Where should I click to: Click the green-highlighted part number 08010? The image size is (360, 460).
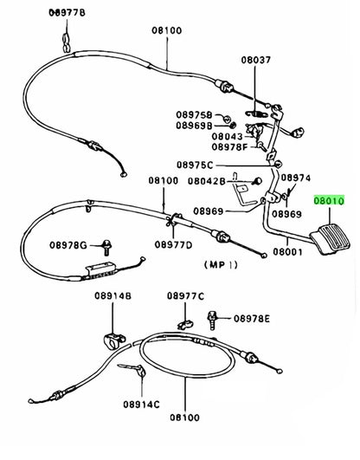click(329, 201)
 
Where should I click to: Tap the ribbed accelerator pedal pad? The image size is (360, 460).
click(331, 239)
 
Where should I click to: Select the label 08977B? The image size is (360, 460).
click(67, 13)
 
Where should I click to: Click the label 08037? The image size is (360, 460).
click(256, 60)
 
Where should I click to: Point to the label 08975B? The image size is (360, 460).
click(194, 114)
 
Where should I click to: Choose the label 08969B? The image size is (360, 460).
click(194, 126)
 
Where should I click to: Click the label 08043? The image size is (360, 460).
click(228, 136)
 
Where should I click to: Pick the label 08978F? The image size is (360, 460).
click(229, 147)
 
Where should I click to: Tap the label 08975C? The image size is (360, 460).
click(195, 165)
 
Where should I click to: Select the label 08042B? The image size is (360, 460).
click(207, 181)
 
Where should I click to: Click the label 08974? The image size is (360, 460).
click(296, 178)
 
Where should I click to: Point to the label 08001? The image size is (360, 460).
click(287, 252)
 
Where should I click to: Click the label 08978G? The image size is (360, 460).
click(68, 245)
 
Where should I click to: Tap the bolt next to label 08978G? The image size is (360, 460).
click(106, 247)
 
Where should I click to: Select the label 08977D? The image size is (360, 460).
click(173, 244)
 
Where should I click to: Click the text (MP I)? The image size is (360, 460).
click(221, 264)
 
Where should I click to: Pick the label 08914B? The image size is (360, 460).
click(112, 295)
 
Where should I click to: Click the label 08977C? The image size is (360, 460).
click(185, 296)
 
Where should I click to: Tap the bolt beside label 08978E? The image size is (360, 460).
click(212, 320)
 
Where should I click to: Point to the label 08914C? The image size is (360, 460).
click(141, 405)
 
